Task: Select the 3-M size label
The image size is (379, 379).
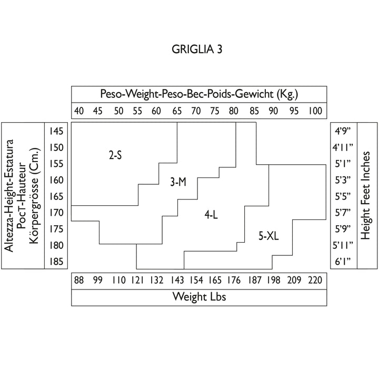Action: [178, 182]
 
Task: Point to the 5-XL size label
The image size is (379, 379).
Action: [268, 236]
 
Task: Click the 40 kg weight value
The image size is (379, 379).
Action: [79, 111]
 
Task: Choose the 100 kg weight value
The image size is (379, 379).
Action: [315, 111]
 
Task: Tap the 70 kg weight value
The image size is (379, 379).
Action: [196, 111]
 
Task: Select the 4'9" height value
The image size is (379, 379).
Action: [343, 131]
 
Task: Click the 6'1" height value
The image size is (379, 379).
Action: [343, 262]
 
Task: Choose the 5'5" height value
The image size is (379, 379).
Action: [343, 196]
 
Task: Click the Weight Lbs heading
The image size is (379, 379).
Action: [200, 297]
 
